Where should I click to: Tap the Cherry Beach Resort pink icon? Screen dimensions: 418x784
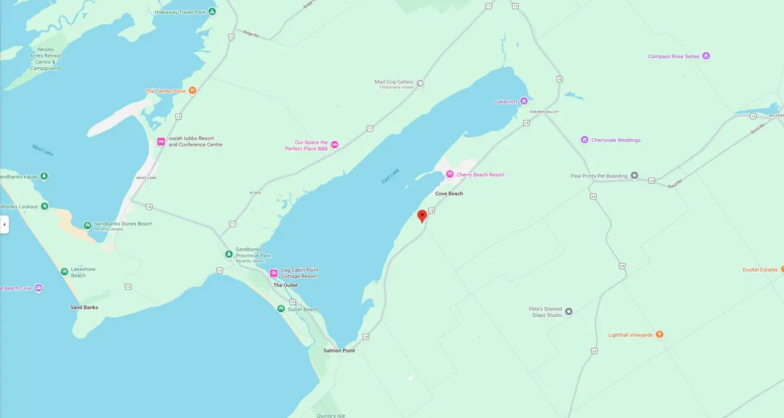click(x=449, y=174)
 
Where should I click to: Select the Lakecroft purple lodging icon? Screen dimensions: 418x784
click(x=524, y=101)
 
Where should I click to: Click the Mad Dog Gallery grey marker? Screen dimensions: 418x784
click(x=420, y=83)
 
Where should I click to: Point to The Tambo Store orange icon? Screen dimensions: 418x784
click(x=192, y=91)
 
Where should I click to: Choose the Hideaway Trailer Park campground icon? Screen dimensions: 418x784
click(x=212, y=12)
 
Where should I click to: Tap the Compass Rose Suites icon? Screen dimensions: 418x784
click(x=706, y=56)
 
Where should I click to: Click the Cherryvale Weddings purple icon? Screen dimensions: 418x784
click(x=585, y=140)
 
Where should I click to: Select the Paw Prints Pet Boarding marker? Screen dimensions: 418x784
click(x=634, y=176)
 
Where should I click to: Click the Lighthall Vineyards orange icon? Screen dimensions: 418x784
click(x=659, y=335)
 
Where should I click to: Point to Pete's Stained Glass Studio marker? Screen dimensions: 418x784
click(x=568, y=312)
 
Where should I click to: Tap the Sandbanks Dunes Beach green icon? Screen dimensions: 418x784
click(x=88, y=225)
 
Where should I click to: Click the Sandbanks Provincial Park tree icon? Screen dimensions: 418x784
click(x=229, y=254)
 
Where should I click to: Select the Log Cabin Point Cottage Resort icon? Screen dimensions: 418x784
click(x=274, y=273)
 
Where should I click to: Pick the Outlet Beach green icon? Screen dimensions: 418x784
click(x=281, y=309)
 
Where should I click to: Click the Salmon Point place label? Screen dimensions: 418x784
click(x=338, y=351)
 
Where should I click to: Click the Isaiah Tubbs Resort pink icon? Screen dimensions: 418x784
click(x=161, y=142)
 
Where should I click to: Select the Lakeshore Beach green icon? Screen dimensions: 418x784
click(x=64, y=272)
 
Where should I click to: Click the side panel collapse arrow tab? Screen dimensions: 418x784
click(x=4, y=224)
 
